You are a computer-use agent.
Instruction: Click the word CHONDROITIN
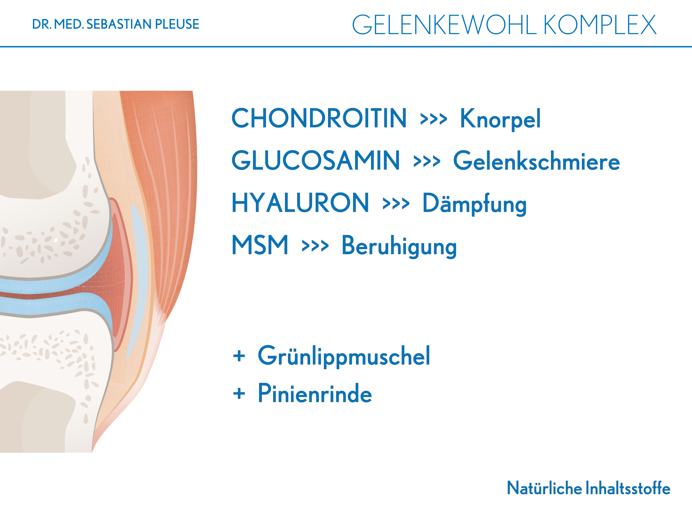point(319,118)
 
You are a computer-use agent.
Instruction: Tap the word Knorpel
point(500,119)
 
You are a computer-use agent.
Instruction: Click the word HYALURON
point(300,202)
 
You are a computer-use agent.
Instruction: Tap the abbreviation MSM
point(260,245)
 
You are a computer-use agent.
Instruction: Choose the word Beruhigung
point(399,246)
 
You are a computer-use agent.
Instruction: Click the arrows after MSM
point(315,246)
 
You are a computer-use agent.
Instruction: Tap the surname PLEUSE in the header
point(177,24)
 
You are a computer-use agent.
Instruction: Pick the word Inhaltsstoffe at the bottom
point(628,488)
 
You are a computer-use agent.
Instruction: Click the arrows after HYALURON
point(396,204)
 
